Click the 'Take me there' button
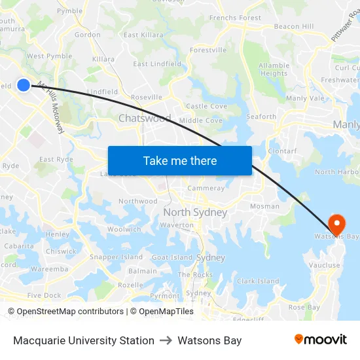coord(180,160)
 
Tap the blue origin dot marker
coord(24,84)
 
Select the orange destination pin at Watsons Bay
coord(336,225)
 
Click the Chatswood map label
coord(145,118)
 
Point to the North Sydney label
coord(195,213)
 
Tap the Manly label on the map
coord(346,124)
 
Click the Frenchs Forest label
coord(235,18)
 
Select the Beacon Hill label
coord(294,26)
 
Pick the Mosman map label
coord(264,206)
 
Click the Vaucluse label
coord(325,265)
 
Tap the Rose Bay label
coord(304,307)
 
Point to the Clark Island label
coord(258,281)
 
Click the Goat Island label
coord(172,258)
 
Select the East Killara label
coord(143,35)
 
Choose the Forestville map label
coord(208,50)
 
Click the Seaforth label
coord(261,117)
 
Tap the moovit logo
coord(321,339)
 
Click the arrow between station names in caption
coord(166,340)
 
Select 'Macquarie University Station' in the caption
coord(84,340)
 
